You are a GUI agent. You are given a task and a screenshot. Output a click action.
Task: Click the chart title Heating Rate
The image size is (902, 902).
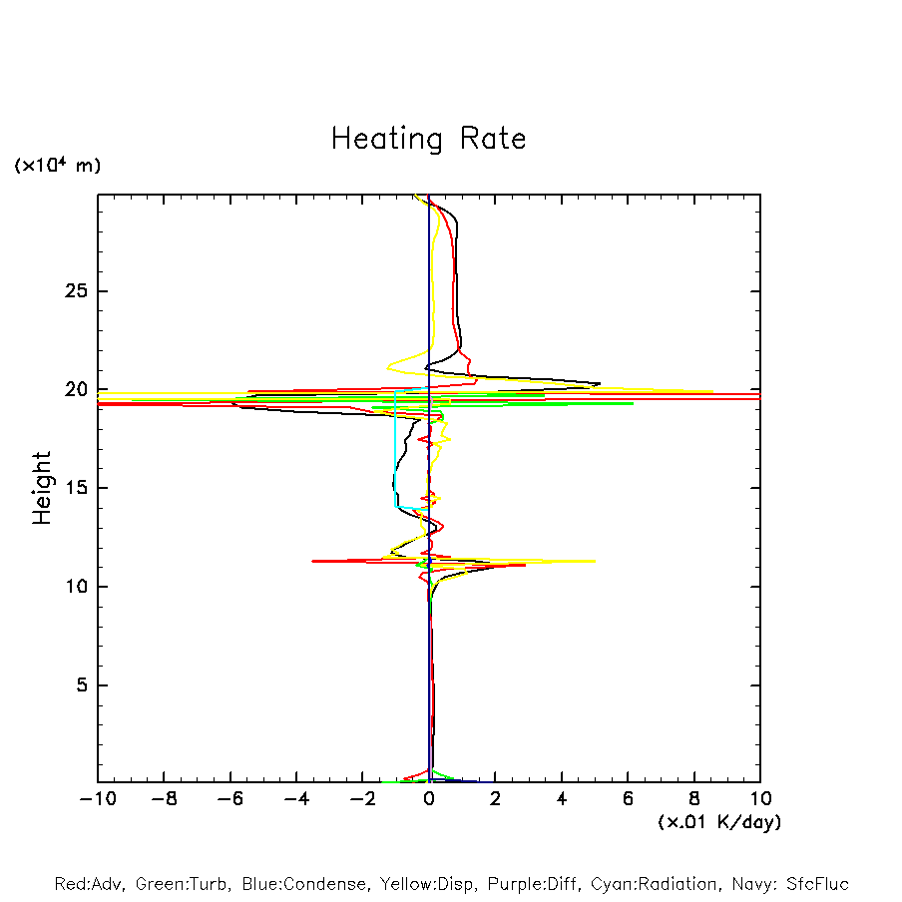tap(428, 139)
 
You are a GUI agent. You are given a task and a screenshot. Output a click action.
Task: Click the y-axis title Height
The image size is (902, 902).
tap(42, 488)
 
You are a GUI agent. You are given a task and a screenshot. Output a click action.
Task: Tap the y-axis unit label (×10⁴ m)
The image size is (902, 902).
tap(57, 166)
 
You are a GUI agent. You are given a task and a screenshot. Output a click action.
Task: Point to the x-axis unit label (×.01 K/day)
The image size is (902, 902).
tap(718, 822)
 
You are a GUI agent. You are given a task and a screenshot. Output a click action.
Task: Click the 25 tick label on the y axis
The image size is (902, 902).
tap(73, 291)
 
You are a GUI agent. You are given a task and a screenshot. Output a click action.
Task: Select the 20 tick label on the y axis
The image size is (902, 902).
tap(73, 390)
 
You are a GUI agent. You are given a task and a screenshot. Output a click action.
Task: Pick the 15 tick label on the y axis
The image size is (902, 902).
tap(73, 488)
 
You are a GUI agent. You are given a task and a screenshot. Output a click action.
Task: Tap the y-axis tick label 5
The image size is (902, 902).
tap(79, 685)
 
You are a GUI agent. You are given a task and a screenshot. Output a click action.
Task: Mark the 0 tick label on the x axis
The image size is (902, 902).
tap(429, 799)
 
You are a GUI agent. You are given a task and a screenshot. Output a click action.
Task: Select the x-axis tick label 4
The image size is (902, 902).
tap(562, 799)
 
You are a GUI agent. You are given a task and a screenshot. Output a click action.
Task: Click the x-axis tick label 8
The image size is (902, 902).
tap(694, 799)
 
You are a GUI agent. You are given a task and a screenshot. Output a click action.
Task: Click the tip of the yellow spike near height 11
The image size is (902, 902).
tap(595, 561)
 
